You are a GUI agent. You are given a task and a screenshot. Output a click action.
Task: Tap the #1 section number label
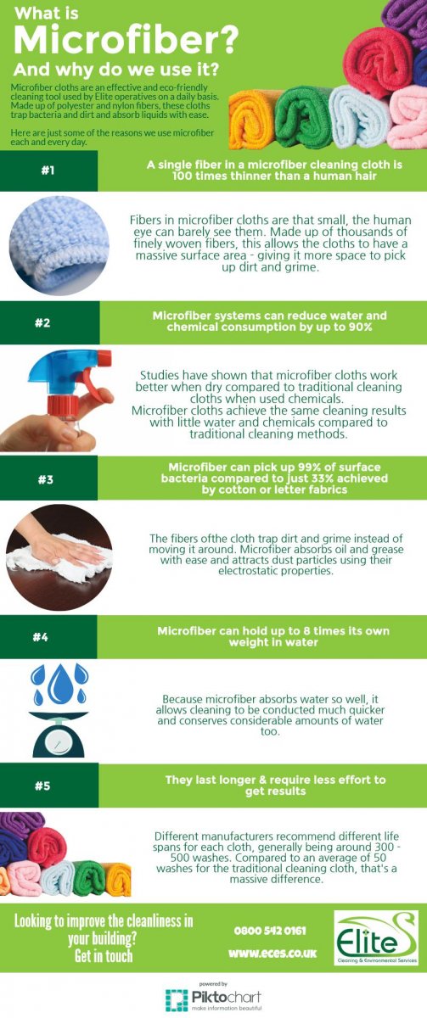click(48, 171)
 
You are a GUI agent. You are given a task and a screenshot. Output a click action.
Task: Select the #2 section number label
click(48, 322)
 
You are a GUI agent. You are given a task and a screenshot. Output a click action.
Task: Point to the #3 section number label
click(48, 479)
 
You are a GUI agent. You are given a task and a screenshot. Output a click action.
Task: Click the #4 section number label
click(48, 637)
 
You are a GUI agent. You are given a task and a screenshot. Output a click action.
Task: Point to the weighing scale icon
click(58, 733)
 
